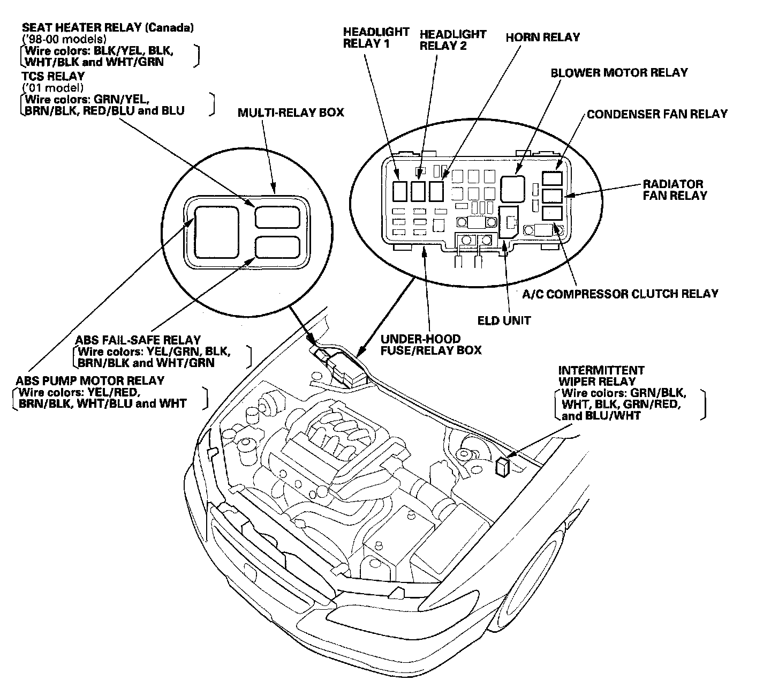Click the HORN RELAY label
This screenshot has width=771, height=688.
tap(542, 38)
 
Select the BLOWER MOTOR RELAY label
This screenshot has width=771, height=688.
tap(619, 72)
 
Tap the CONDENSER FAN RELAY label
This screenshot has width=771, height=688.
tap(657, 114)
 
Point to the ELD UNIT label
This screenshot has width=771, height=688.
tap(504, 321)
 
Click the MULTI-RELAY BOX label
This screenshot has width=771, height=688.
tap(291, 113)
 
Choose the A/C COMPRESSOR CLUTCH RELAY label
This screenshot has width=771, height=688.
tap(620, 294)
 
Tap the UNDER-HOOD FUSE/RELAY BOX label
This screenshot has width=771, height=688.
tap(430, 345)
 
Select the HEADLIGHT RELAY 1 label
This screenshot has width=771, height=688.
tap(376, 38)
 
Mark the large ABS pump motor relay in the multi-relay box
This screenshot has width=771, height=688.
tap(216, 232)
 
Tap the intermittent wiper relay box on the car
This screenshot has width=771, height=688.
tap(503, 467)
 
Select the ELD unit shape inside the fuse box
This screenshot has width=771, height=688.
tap(508, 222)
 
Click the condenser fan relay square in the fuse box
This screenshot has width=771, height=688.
tap(552, 178)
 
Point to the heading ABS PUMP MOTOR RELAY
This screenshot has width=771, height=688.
tap(89, 381)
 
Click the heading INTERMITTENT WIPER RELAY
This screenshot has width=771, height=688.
tap(601, 376)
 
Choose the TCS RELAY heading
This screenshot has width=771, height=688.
tap(53, 76)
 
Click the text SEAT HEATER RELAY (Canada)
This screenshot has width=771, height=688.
tap(108, 27)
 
